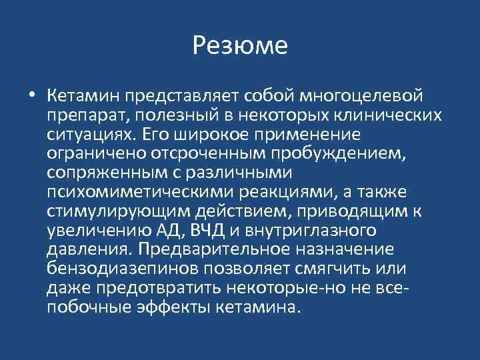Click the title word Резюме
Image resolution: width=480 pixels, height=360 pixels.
[240, 45]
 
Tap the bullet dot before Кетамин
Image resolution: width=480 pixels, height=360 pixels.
[33, 95]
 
